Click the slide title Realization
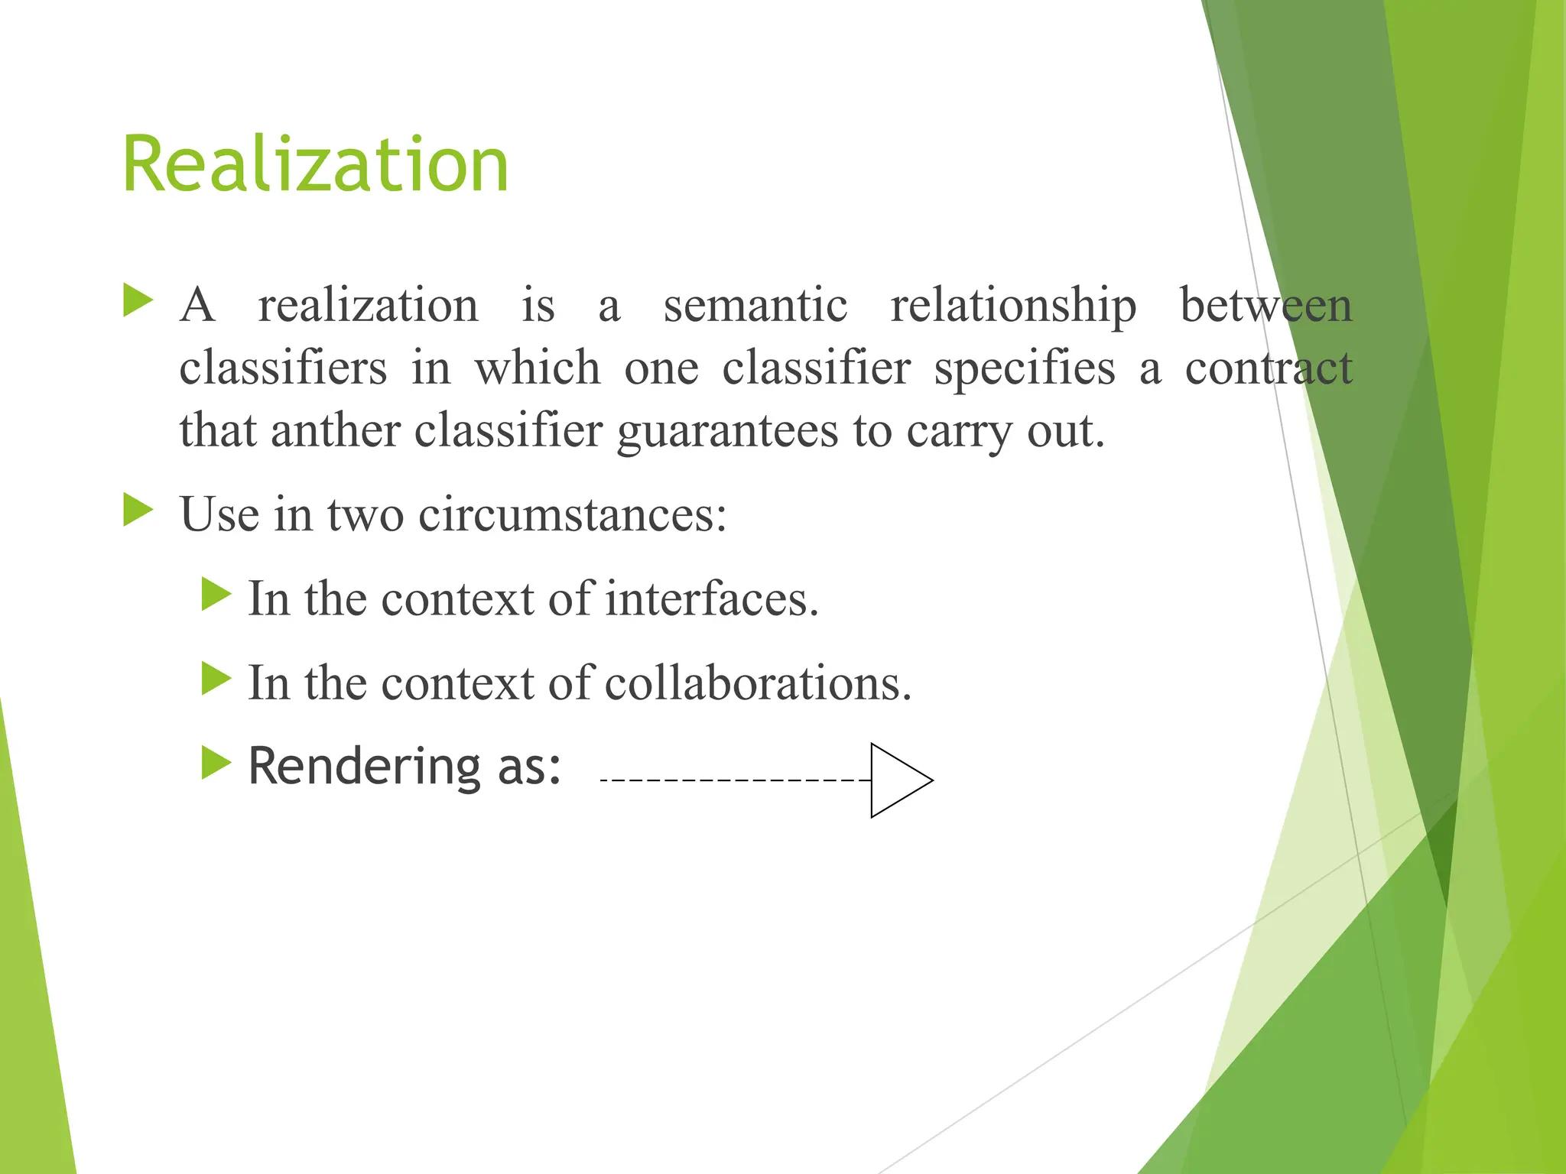315,164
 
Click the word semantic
755,305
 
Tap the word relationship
1013,305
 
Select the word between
1266,305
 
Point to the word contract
1269,368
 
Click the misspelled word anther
336,430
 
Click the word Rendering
362,766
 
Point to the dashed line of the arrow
734,780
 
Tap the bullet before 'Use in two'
138,510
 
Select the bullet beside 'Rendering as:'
216,762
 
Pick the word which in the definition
538,368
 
